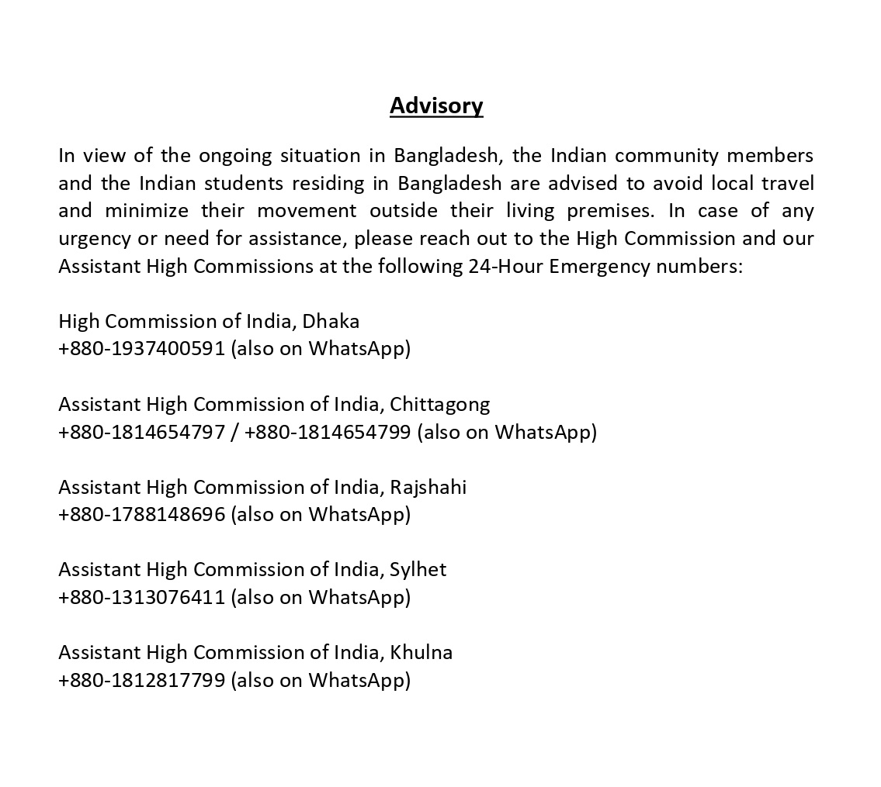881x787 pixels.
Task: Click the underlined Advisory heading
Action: coord(436,105)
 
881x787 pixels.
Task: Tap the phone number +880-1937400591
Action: coord(141,348)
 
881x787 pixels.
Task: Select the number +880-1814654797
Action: coord(141,431)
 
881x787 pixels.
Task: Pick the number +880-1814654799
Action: coord(327,431)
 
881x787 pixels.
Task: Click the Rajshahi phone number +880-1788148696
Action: coord(141,514)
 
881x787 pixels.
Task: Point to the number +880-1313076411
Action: coord(141,597)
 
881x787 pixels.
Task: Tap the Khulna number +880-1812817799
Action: coord(141,680)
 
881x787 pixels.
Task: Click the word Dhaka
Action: coord(331,321)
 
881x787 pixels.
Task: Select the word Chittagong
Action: coord(439,404)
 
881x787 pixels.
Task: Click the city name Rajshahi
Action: coord(428,487)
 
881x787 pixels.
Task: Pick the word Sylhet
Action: coord(418,570)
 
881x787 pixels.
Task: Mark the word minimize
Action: coord(147,211)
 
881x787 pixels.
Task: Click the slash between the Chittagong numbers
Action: coord(234,432)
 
